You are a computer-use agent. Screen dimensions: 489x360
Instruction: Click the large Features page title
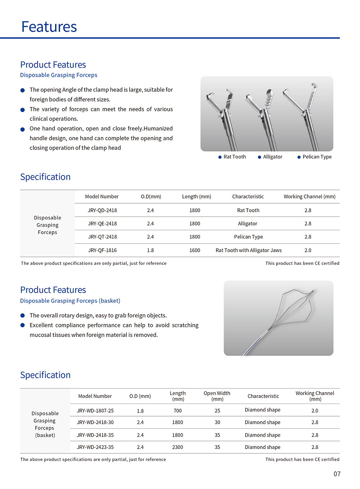[x=49, y=27]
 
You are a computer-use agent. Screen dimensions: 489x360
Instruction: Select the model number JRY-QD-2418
[x=102, y=210]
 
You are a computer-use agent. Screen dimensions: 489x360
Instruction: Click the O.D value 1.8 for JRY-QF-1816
[x=150, y=250]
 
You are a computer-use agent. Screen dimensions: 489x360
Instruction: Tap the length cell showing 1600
[x=195, y=250]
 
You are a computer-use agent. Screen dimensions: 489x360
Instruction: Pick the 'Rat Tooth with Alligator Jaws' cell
[x=248, y=250]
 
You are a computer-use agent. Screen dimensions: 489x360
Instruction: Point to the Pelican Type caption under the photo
[x=317, y=157]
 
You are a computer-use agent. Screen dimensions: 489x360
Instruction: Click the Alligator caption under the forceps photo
[x=273, y=157]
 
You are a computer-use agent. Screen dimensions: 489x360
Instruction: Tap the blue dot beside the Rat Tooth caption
[x=220, y=157]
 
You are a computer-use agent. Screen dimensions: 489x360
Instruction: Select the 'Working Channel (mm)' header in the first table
[x=309, y=197]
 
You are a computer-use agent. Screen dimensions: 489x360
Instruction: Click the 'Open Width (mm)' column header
[x=217, y=396]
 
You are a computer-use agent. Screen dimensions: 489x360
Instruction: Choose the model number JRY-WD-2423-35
[x=95, y=447]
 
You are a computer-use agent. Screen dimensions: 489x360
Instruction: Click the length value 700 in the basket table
[x=177, y=411]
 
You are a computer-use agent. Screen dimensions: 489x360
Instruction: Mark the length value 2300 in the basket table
[x=177, y=447]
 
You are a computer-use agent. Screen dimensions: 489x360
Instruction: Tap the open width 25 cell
[x=217, y=411]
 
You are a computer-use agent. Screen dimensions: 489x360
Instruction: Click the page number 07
[x=337, y=474]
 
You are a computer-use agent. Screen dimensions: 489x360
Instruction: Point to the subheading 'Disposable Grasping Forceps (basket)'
[x=70, y=301]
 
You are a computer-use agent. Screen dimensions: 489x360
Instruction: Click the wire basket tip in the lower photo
[x=312, y=291]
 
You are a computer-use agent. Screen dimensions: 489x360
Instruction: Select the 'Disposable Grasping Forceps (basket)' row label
[x=45, y=424]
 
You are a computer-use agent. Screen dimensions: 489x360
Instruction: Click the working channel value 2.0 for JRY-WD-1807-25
[x=315, y=411]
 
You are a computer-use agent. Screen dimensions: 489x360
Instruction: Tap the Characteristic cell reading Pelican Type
[x=248, y=237]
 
